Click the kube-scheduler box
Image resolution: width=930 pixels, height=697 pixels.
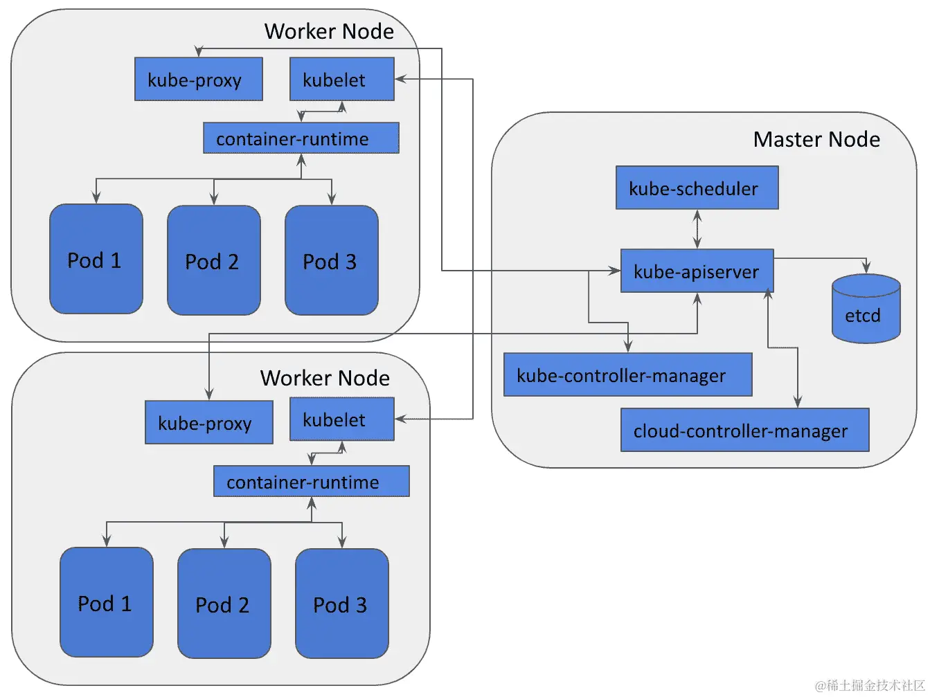pyautogui.click(x=697, y=188)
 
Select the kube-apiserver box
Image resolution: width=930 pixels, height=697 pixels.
pyautogui.click(x=697, y=271)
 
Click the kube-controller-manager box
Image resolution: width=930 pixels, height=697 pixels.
pyautogui.click(x=627, y=374)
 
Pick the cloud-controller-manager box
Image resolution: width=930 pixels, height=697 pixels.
pyautogui.click(x=744, y=430)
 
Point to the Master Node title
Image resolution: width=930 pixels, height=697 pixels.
pyautogui.click(x=816, y=139)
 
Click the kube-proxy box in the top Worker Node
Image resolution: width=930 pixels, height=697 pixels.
pyautogui.click(x=198, y=80)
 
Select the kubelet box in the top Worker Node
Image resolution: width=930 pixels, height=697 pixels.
pyautogui.click(x=341, y=80)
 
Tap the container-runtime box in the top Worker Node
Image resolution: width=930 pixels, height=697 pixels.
pyautogui.click(x=301, y=138)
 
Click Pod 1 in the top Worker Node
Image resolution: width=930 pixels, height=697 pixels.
pyautogui.click(x=96, y=259)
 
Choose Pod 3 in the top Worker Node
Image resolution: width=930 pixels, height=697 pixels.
pyautogui.click(x=331, y=260)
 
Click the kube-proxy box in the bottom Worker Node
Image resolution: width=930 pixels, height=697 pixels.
pyautogui.click(x=208, y=422)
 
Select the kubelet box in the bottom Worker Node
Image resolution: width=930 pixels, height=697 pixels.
pyautogui.click(x=341, y=419)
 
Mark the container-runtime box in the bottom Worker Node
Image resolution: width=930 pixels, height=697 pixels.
pyautogui.click(x=311, y=481)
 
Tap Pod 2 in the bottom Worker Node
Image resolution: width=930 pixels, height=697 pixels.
pyautogui.click(x=224, y=604)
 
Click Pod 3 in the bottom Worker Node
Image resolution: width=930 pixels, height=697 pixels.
pyautogui.click(x=341, y=604)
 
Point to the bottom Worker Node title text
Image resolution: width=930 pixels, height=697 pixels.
pyautogui.click(x=325, y=378)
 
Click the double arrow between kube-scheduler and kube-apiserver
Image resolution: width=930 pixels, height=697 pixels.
pyautogui.click(x=697, y=229)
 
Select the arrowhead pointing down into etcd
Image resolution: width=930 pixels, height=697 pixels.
pyautogui.click(x=866, y=267)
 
